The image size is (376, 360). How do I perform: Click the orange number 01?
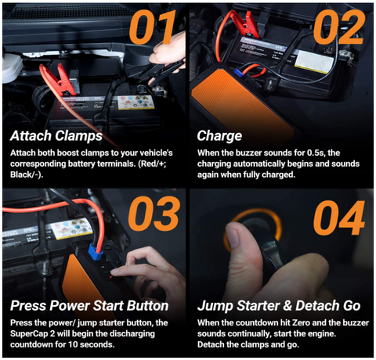153,27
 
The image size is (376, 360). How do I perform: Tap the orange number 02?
339,27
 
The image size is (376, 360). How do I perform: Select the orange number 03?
154,214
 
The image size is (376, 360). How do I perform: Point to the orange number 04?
339,218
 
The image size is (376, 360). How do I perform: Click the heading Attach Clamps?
56,136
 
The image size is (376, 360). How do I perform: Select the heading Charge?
219,136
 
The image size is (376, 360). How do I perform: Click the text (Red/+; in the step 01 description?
152,164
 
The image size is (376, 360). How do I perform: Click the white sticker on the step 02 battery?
314,62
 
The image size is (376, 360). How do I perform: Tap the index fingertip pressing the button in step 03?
114,273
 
